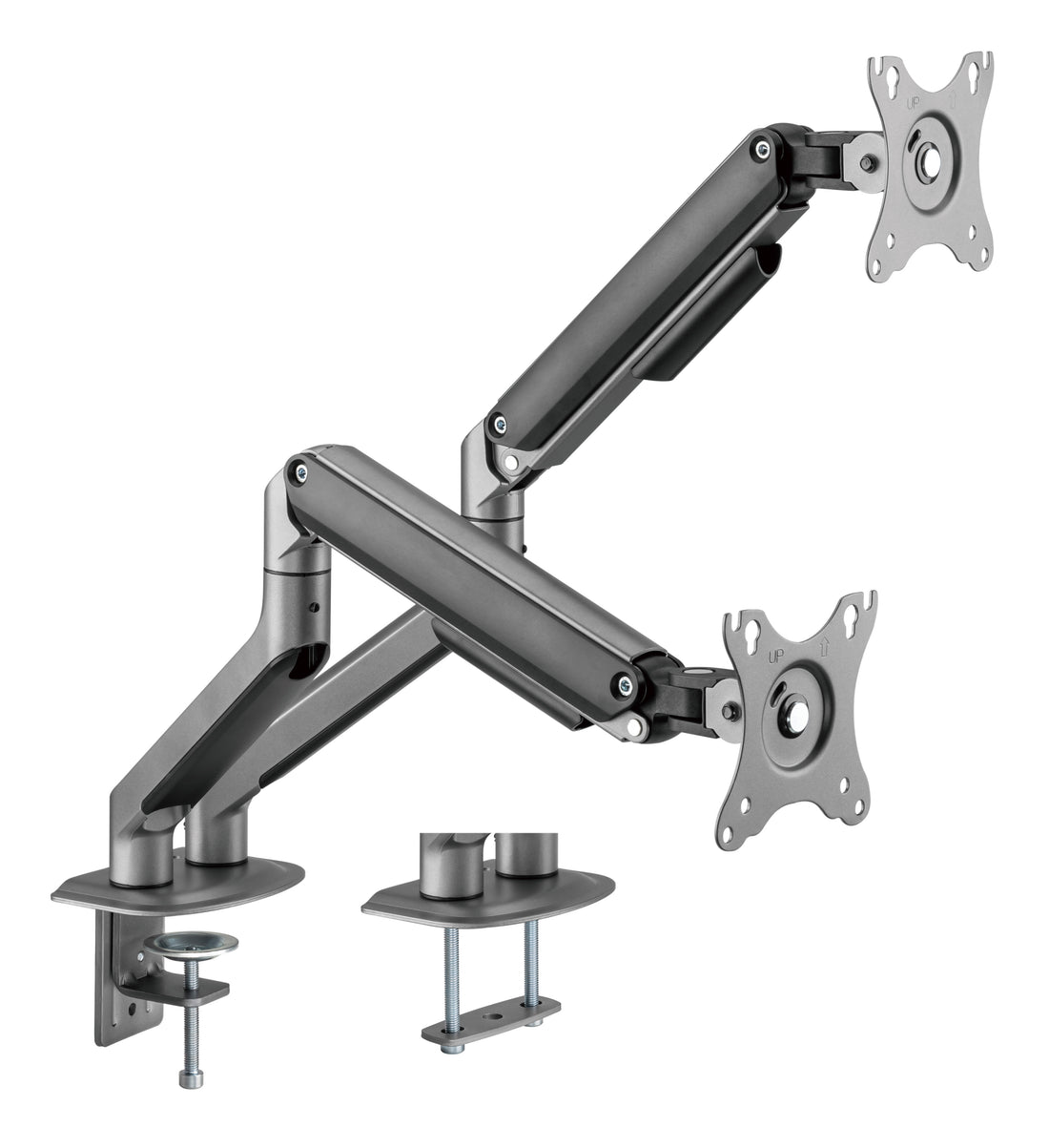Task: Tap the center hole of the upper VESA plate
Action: pyautogui.click(x=926, y=162)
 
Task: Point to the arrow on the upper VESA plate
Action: pyautogui.click(x=953, y=99)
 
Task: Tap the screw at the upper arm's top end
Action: pyautogui.click(x=759, y=146)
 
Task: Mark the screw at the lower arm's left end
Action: pyautogui.click(x=302, y=470)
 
